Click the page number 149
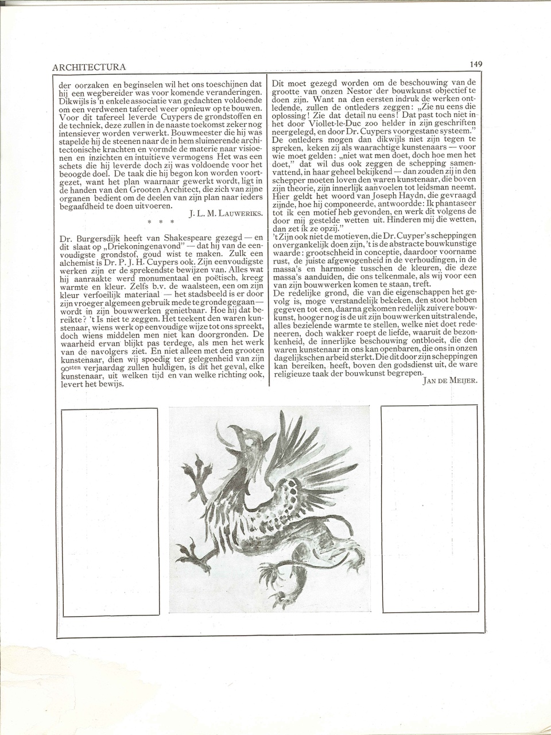[476, 64]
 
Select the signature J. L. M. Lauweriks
[225, 214]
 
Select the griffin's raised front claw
[199, 473]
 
